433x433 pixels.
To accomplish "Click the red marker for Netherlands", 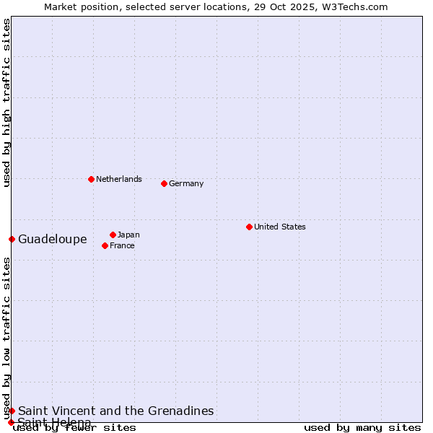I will click(x=91, y=179).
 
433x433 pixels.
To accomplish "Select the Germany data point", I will click(x=164, y=183).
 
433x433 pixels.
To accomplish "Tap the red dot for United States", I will click(x=249, y=227).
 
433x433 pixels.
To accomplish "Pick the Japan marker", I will click(x=113, y=235).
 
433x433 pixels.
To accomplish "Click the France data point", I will click(x=105, y=245).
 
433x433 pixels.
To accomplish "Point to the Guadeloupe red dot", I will click(x=12, y=239).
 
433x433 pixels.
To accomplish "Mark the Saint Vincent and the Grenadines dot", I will click(x=12, y=411).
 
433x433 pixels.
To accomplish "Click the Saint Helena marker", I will click(x=11, y=422).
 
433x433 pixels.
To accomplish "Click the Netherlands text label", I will click(x=119, y=179).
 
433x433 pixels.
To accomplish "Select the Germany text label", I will click(x=186, y=183).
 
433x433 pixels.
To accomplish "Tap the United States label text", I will click(x=280, y=227).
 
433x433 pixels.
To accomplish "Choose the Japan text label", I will click(x=128, y=235).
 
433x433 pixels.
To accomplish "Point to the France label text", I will click(x=122, y=245).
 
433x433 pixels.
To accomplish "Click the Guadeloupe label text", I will click(x=53, y=239).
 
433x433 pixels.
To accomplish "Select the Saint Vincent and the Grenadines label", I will click(x=116, y=411).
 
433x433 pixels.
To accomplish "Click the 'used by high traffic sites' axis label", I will click(x=6, y=102).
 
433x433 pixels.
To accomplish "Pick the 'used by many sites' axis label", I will click(x=362, y=427).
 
